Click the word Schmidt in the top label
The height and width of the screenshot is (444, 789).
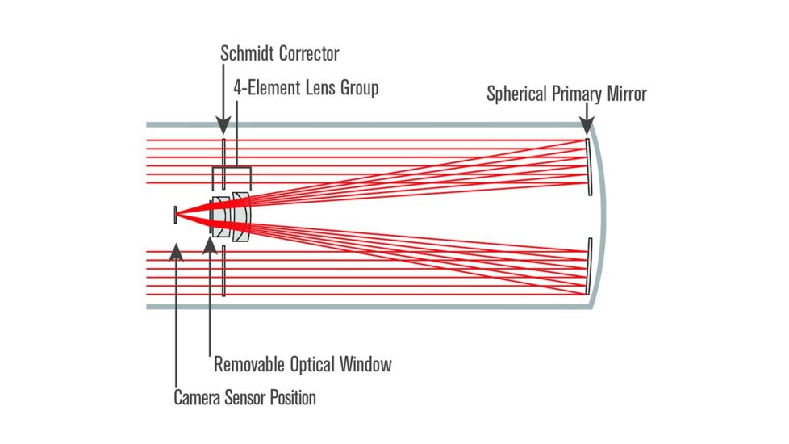[248, 55]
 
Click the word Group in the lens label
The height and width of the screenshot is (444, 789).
[357, 87]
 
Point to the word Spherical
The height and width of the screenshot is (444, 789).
[517, 94]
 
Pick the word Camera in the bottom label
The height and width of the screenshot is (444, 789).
[198, 397]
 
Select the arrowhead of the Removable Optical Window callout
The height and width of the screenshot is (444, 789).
[210, 242]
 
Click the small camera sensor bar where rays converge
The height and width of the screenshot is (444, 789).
[175, 214]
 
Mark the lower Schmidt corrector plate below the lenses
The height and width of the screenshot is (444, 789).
[223, 271]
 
